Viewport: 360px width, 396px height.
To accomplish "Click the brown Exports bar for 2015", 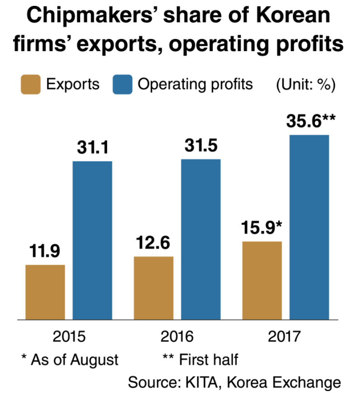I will (x=45, y=292).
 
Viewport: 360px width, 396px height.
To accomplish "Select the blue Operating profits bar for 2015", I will (x=93, y=240).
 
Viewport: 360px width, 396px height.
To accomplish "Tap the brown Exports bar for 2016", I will (x=154, y=288).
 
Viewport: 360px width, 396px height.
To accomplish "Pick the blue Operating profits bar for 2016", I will (x=201, y=239).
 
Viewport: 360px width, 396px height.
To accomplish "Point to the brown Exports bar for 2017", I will (x=262, y=280).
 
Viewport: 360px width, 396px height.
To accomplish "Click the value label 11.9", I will (x=45, y=251).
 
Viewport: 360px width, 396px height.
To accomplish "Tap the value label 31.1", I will (x=92, y=147).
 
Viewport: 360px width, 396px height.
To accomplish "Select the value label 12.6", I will (x=153, y=243).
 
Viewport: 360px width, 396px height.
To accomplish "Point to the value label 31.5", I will (x=201, y=146).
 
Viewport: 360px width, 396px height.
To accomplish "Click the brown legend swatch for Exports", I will (x=30, y=85).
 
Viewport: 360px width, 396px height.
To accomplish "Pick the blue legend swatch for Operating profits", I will (x=122, y=85).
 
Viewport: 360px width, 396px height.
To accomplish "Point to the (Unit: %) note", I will (x=305, y=85).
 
